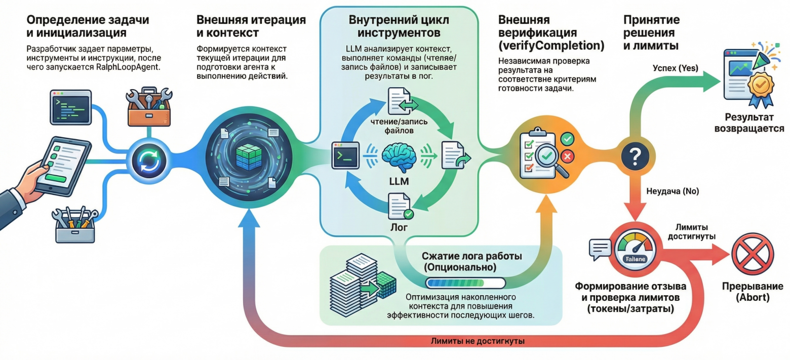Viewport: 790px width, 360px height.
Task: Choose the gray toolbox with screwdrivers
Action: click(x=74, y=224)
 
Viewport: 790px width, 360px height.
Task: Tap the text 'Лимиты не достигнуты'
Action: click(x=477, y=341)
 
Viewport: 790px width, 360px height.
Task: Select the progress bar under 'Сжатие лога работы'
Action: click(x=465, y=283)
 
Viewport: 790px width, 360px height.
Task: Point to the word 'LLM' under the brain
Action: click(x=398, y=181)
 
